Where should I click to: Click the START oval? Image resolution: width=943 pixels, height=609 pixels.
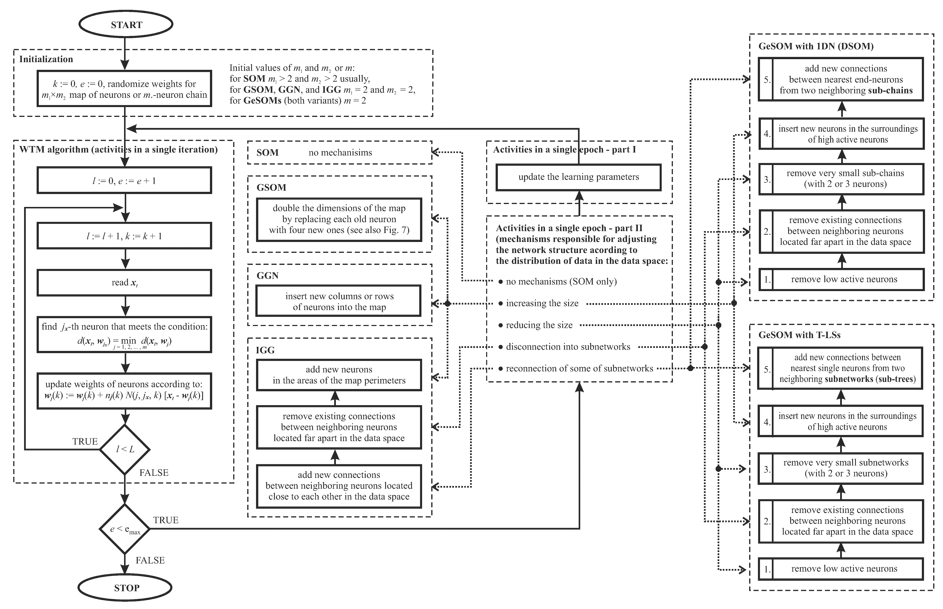point(126,25)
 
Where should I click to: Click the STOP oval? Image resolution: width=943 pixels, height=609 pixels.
point(125,588)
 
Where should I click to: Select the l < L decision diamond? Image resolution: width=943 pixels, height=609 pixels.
point(125,449)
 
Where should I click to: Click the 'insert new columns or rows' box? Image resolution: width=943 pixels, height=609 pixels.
point(339,301)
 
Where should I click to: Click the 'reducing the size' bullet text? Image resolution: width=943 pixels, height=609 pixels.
point(539,325)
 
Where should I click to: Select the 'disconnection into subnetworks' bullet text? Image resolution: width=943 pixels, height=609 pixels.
point(568,347)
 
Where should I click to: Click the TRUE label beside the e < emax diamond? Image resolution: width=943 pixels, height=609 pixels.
point(166,520)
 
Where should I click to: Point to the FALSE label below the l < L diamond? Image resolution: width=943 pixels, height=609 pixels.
point(154,473)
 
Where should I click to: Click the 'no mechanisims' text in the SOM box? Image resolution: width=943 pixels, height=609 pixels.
point(340,153)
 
